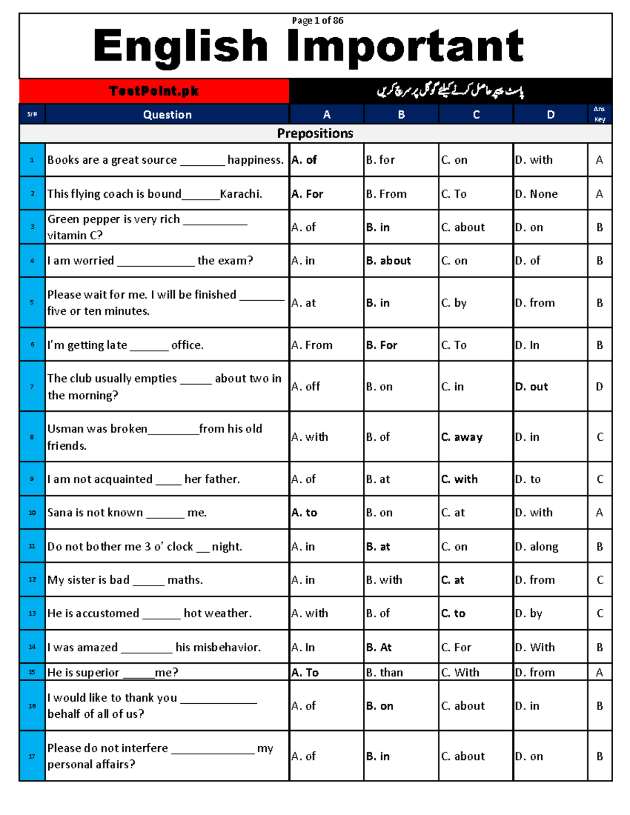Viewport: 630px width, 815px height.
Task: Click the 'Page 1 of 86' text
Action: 317,20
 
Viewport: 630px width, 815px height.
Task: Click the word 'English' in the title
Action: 181,46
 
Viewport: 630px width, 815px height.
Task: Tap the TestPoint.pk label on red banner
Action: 154,91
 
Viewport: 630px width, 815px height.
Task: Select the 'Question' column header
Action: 167,114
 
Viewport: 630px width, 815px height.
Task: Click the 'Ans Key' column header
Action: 600,114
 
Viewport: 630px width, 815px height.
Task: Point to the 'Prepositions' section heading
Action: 315,133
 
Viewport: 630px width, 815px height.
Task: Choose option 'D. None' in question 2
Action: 536,194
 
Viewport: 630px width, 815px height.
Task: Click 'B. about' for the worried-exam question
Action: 388,260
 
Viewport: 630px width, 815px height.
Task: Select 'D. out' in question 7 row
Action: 531,387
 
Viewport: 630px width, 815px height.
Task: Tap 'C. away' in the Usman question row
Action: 461,437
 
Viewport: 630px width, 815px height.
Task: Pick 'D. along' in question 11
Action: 537,546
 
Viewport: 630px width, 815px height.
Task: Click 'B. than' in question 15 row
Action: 384,672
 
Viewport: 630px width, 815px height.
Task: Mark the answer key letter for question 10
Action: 600,512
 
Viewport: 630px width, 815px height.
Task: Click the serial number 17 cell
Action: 32,756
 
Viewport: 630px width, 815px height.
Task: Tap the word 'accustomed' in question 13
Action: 107,613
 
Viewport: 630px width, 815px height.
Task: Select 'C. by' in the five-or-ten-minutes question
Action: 454,303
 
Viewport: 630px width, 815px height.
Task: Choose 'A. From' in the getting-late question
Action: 312,345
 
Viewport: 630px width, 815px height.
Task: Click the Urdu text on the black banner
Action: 450,91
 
